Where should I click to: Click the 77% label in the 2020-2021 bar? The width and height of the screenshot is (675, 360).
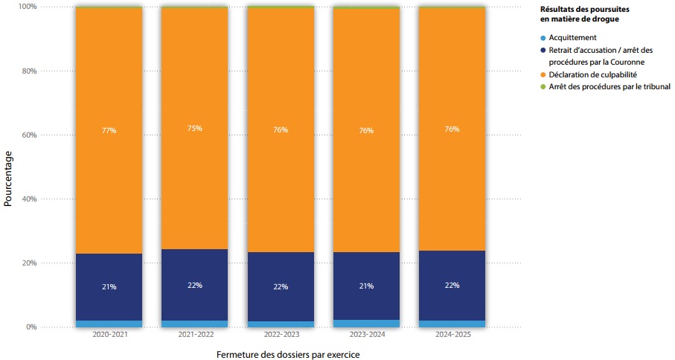(109, 130)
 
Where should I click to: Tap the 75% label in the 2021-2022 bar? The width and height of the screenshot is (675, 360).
(194, 128)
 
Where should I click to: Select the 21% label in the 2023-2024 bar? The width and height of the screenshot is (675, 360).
(366, 286)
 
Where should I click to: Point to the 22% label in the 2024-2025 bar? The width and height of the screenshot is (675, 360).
(452, 285)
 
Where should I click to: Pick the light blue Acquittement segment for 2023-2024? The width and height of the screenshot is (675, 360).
(366, 324)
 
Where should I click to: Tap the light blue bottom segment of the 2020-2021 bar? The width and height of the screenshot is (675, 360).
(109, 324)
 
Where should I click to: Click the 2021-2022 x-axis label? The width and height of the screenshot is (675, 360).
(195, 335)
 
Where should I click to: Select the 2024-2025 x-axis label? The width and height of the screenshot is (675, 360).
(452, 335)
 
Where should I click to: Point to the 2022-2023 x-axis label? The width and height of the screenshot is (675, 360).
(281, 335)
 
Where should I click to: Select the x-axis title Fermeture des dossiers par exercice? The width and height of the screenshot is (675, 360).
(288, 354)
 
